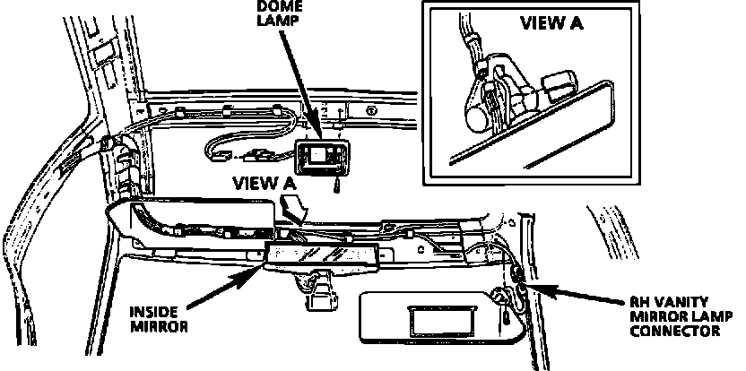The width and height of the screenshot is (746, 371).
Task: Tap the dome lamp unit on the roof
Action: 320,159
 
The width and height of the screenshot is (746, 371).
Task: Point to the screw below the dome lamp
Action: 334,186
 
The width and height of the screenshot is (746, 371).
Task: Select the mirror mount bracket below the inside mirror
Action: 317,295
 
